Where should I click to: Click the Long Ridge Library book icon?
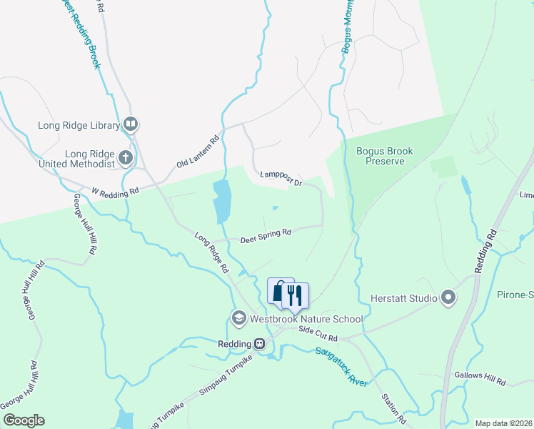[x=131, y=125]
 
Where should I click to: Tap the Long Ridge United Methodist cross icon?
[x=126, y=157]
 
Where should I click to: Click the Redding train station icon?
[x=261, y=343]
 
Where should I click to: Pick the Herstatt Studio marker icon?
[x=448, y=297]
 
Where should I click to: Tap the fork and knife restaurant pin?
[x=296, y=294]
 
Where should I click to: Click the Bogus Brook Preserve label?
[x=386, y=156]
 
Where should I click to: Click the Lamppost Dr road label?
[x=281, y=178]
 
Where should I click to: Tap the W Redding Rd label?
[x=116, y=192]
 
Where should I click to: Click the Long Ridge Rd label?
[x=211, y=252]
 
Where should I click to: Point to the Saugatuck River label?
[x=341, y=367]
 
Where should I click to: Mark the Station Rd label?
[x=393, y=407]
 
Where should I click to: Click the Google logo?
[x=24, y=420]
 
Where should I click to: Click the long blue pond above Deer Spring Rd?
[x=221, y=202]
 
